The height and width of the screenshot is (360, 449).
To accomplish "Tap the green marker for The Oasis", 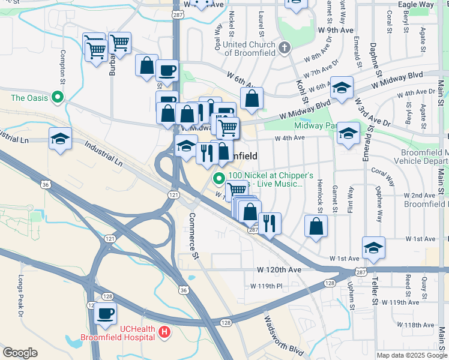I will coord(58,97).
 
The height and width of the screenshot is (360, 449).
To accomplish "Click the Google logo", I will coord(20,353).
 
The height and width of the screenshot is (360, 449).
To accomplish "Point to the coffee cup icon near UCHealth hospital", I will coord(106,313).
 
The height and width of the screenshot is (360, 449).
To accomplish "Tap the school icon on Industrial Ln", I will coord(60,139).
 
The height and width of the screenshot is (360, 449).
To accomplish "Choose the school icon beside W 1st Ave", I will coord(373,247).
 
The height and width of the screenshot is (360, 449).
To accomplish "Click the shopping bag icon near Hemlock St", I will coord(316,227).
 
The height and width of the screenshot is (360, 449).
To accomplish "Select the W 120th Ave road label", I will coord(279,270).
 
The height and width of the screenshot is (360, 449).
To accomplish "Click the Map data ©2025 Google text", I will coord(411,355).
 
